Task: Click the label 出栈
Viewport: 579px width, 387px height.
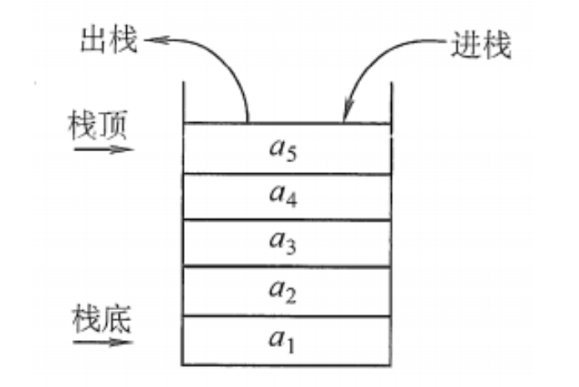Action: (109, 39)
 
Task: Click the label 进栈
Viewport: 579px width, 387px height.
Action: (481, 44)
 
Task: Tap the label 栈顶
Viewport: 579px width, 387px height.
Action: (98, 125)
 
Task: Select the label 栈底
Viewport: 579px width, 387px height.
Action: (102, 319)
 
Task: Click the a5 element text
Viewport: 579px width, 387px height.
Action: (283, 150)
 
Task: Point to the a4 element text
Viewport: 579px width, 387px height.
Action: (283, 195)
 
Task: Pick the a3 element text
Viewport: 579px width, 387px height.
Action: (283, 242)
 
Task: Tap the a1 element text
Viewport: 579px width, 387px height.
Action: (282, 340)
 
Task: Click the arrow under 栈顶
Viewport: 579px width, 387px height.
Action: (104, 150)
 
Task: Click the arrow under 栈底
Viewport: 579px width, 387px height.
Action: (103, 343)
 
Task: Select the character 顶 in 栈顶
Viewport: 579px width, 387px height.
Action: (113, 125)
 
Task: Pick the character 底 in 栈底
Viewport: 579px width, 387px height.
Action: (117, 320)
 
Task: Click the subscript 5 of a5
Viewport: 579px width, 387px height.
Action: (292, 155)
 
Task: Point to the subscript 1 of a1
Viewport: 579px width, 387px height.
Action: (290, 346)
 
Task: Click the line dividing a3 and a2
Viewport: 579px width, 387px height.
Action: (287, 266)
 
